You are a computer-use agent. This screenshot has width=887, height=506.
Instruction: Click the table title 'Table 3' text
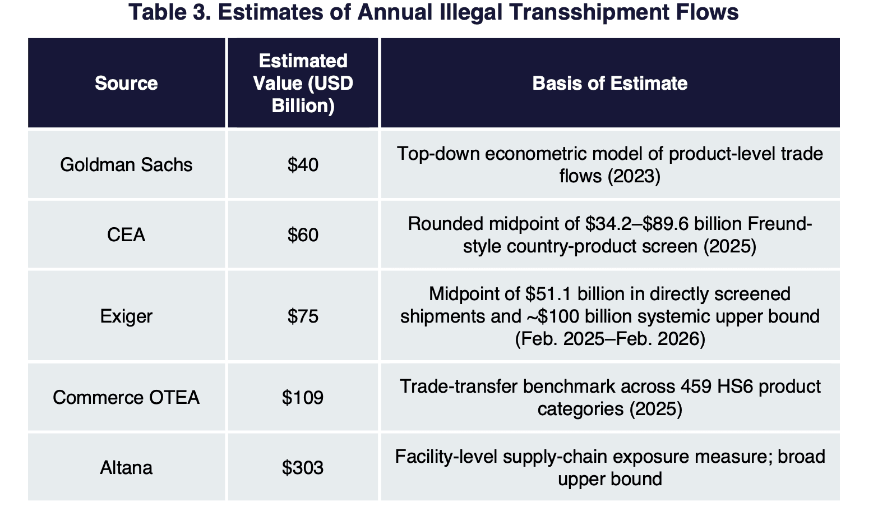[x=170, y=12]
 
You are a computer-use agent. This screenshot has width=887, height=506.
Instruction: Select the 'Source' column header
[x=126, y=83]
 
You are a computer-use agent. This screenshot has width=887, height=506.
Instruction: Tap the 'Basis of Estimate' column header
[x=610, y=83]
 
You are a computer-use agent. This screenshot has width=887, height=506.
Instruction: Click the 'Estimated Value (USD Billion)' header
[x=303, y=83]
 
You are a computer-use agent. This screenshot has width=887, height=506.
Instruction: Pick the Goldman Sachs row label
[x=126, y=164]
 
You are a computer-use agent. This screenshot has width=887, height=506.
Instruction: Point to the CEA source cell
[x=126, y=234]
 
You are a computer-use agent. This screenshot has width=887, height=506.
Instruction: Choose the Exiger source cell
[x=126, y=316]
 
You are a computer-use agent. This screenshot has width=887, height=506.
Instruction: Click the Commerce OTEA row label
[x=126, y=397]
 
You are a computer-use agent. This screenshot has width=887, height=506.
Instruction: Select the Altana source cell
[x=126, y=467]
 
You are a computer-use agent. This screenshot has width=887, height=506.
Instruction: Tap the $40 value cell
[x=303, y=164]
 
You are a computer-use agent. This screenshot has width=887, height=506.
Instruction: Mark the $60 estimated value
[x=303, y=234]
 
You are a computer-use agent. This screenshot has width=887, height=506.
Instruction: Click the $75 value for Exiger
[x=303, y=316]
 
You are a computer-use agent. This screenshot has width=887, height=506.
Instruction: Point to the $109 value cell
[x=303, y=397]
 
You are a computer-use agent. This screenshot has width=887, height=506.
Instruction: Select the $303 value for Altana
[x=303, y=467]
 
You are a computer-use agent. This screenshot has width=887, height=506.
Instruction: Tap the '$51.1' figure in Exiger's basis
[x=548, y=294]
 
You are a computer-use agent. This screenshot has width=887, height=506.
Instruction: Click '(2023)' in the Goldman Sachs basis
[x=634, y=176]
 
